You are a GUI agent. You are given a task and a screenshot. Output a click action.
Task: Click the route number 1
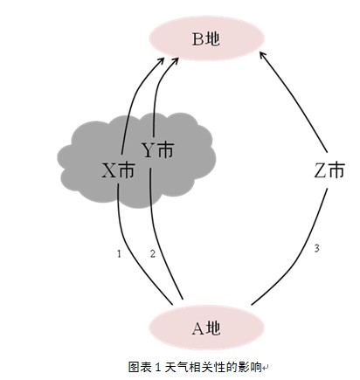click(118, 253)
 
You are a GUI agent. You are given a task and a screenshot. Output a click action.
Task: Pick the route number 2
click(152, 253)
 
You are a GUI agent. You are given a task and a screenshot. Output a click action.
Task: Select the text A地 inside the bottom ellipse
click(207, 328)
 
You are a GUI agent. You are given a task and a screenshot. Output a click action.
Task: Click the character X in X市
click(108, 171)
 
